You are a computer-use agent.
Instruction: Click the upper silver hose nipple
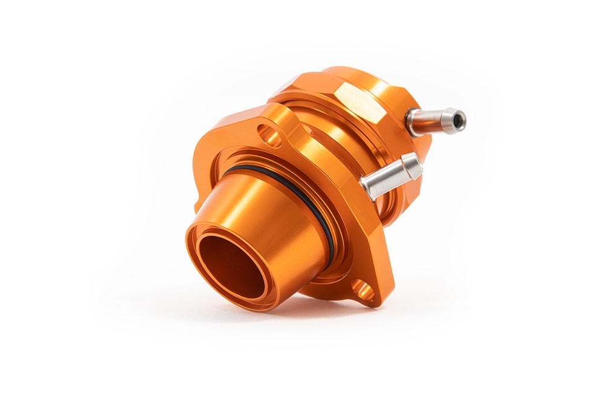435,119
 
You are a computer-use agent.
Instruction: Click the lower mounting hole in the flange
362,290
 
